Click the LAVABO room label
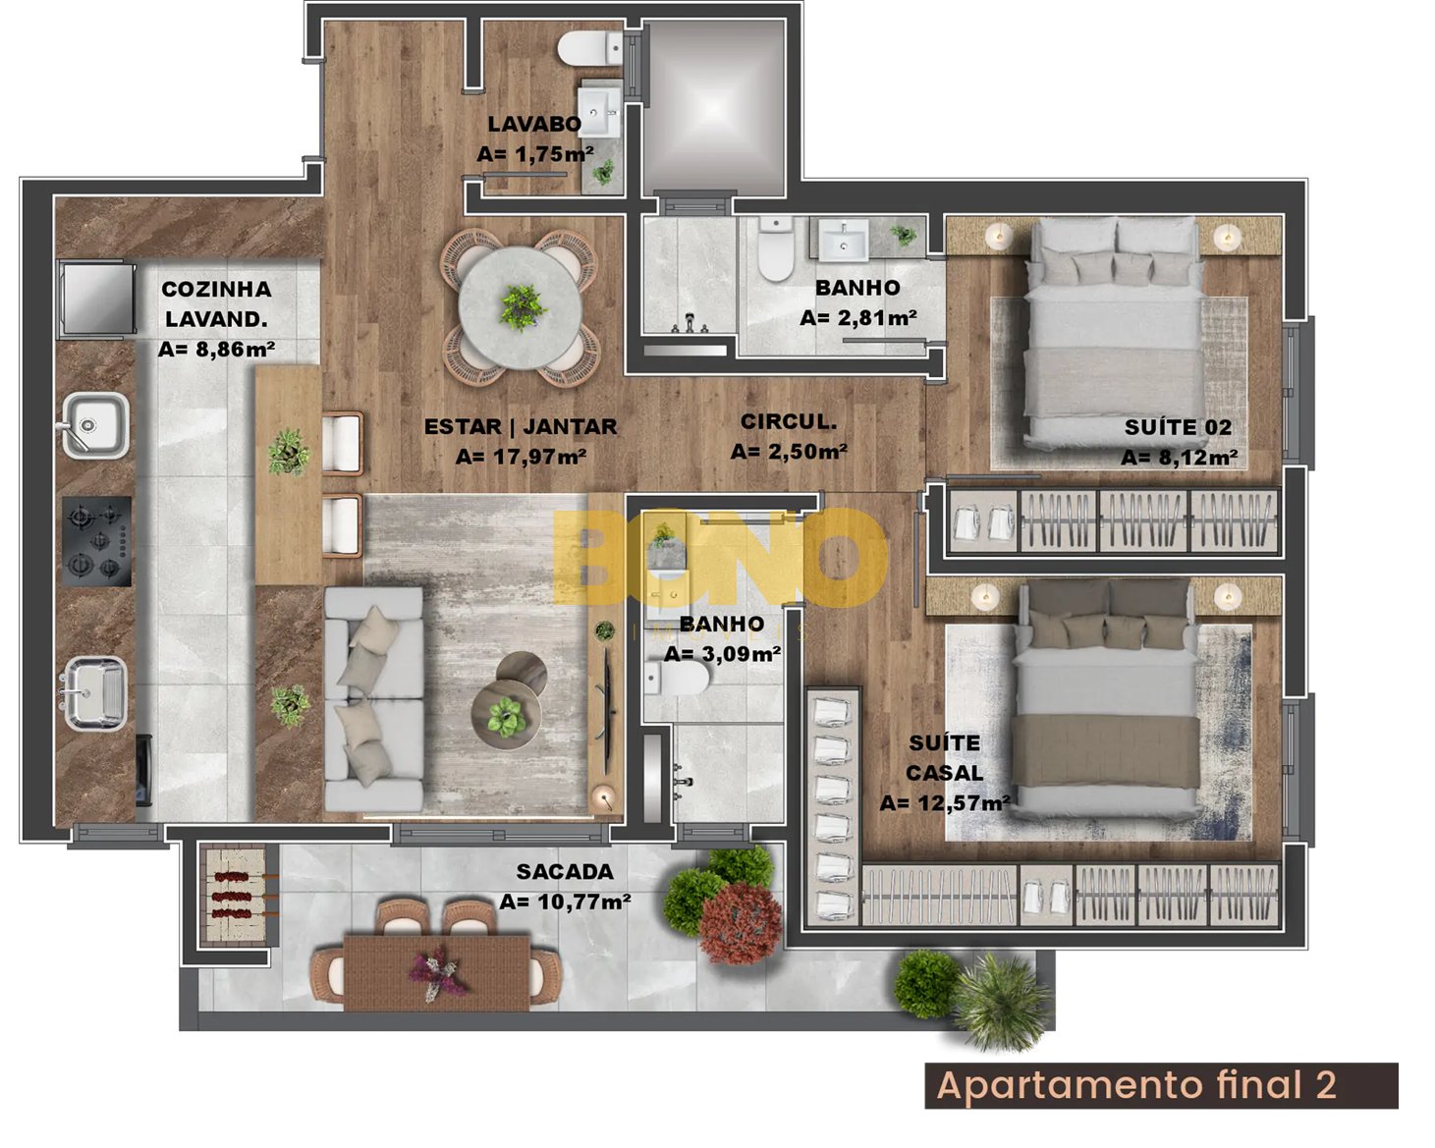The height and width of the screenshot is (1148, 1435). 534,124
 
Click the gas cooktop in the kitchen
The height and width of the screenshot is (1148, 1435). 96,541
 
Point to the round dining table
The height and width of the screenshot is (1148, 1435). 521,307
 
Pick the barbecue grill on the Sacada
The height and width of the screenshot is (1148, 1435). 237,894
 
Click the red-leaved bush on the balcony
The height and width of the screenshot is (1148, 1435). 741,923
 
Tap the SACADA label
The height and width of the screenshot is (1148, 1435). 564,871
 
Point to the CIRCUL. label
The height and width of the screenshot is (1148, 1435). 788,421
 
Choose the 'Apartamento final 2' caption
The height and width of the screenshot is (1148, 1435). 1136,1085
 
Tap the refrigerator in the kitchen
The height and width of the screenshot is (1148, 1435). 96,298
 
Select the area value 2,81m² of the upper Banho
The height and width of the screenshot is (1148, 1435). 857,318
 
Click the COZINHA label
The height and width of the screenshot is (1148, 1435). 216,290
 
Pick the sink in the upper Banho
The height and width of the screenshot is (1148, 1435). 844,240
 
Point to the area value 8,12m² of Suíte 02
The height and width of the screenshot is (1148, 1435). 1179,458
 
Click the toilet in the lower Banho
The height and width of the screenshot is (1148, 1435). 676,679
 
